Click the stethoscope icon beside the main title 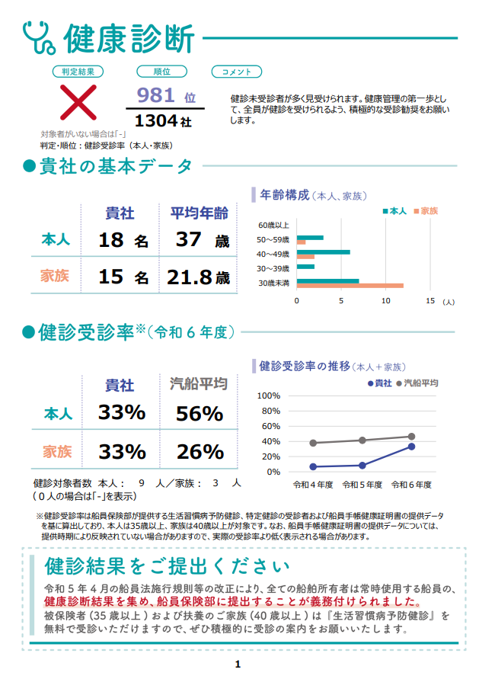39,37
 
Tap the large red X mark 78,102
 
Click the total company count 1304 156,120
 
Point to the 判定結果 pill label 77,72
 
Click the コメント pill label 236,72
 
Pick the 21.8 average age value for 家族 190,277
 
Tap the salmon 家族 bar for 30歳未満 350,286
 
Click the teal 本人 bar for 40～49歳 323,252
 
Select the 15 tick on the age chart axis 430,301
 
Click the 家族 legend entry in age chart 425,210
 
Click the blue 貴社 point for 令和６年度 411,447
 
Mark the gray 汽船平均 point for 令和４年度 313,443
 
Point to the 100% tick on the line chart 269,396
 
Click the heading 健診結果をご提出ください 168,566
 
